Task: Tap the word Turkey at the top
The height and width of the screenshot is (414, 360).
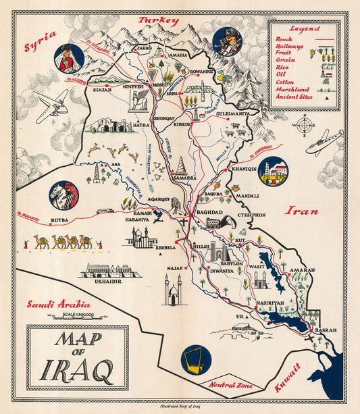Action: [x=159, y=21]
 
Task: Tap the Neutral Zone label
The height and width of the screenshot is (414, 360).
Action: [x=231, y=385]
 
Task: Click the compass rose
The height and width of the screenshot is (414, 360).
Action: [x=305, y=125]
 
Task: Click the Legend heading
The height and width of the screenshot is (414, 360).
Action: [x=305, y=29]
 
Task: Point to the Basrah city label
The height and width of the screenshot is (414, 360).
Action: [x=325, y=331]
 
